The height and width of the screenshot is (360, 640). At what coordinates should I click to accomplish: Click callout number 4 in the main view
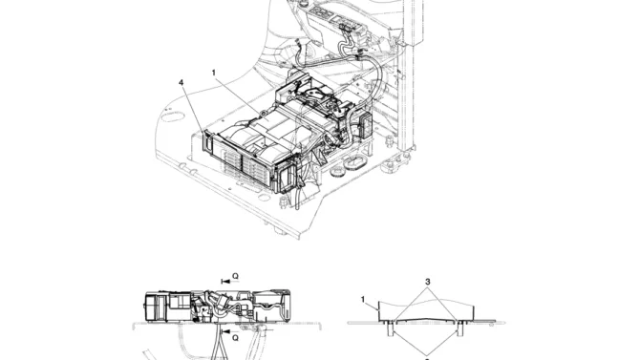coord(181,83)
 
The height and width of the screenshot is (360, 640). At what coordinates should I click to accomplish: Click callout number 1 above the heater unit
coord(214,73)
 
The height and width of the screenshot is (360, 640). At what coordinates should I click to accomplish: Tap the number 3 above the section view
coord(427,282)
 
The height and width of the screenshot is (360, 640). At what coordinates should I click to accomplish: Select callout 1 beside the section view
coord(363,300)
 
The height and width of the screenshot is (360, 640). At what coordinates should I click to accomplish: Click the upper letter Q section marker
coord(235,276)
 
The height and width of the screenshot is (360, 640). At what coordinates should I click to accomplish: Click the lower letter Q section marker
coord(235,338)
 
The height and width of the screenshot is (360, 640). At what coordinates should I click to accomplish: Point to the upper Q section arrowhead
coord(226,282)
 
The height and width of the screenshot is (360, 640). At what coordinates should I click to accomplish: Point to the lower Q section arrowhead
coord(226,332)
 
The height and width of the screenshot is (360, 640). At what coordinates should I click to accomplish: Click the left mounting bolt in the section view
coord(391,328)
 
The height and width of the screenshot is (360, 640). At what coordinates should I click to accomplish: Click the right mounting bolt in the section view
coord(460,328)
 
